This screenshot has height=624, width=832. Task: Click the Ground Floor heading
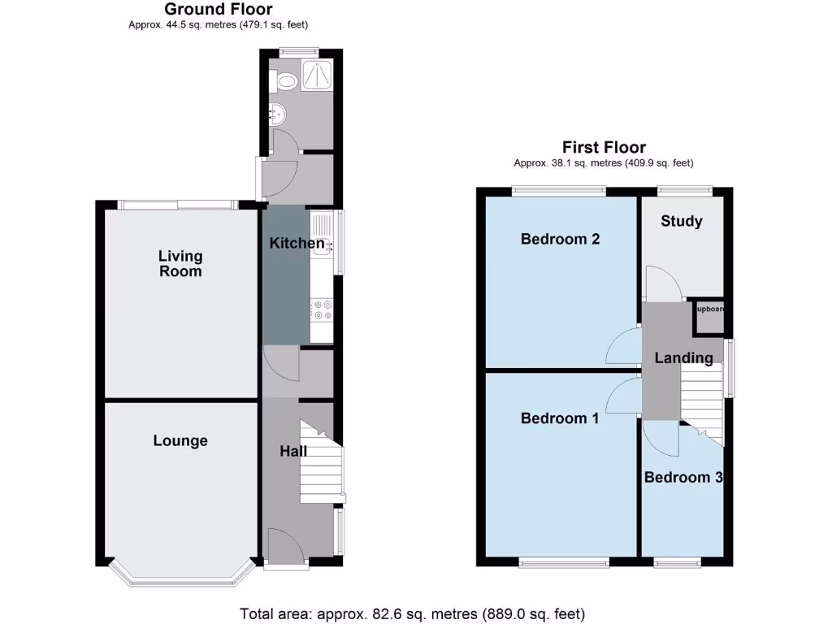(219, 10)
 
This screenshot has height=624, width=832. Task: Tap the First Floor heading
(604, 147)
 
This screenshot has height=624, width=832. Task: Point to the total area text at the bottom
(412, 613)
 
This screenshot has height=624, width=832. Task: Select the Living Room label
(180, 263)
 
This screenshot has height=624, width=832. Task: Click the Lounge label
(180, 440)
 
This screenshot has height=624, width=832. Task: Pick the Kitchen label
(297, 243)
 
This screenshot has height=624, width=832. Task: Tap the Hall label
(293, 451)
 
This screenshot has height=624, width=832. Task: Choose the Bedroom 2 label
(560, 239)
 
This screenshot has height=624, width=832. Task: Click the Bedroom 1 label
(560, 418)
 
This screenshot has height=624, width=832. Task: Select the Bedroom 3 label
(682, 477)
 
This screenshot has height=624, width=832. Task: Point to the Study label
(681, 221)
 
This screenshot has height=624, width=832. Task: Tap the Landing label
(683, 357)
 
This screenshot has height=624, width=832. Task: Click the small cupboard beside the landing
(708, 318)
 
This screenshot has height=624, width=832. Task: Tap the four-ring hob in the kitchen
(322, 310)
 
